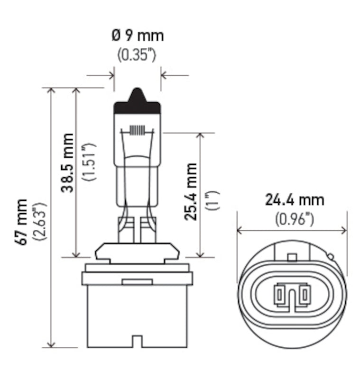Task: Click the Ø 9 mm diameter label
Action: (137, 36)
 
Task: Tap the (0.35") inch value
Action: (137, 54)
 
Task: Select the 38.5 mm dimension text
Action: (68, 162)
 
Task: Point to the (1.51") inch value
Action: (89, 162)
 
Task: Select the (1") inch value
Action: (211, 200)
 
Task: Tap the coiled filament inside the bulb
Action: (137, 131)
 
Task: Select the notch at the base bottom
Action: (137, 341)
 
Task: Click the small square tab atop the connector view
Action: (292, 257)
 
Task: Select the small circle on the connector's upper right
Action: (331, 257)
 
